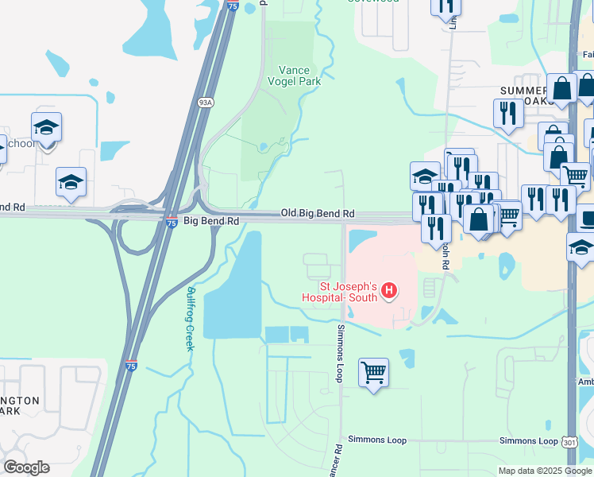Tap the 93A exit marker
tap(206, 103)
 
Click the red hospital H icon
tap(389, 291)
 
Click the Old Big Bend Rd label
tap(317, 215)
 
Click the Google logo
tap(26, 467)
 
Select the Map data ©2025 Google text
tap(544, 471)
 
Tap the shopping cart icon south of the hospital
tap(373, 371)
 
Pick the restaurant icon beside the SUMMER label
tap(507, 113)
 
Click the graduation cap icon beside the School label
tap(47, 127)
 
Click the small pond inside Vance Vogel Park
tap(263, 146)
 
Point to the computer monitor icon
tap(587, 216)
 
